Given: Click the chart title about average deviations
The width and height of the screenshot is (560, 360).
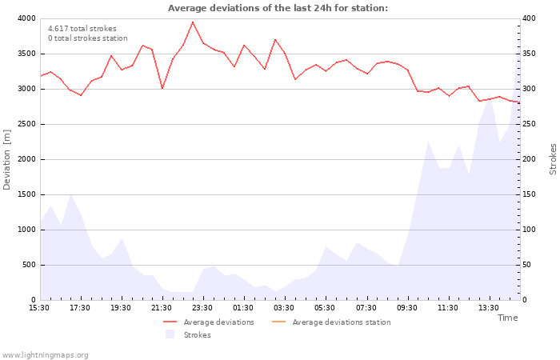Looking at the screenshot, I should coord(278,8).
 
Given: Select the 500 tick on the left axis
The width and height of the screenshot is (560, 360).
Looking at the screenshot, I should coord(29,265).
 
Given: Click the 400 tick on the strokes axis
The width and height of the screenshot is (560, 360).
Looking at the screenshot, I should coord(530,18).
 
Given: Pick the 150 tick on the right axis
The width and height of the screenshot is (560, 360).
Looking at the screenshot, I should coord(530,194).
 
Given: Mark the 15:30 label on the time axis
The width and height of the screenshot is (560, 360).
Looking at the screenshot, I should coord(39,308).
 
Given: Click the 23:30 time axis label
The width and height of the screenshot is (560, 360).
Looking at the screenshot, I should coord(202,308).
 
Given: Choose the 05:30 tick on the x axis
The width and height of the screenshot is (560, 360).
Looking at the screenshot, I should coord(325,308).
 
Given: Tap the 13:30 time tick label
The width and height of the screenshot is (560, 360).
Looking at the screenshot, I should coord(488,308).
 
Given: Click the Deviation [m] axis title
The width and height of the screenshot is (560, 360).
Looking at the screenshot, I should coord(8,159).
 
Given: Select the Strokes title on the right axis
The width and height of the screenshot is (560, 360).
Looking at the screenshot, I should coord(553,159).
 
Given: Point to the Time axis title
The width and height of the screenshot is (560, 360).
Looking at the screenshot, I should coord(507,318).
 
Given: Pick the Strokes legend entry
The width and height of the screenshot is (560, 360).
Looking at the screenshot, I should coord(197,335).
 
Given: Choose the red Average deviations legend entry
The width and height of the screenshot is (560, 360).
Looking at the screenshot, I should coord(218,322).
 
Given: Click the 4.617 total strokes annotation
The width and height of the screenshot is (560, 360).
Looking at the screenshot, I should coord(82,28).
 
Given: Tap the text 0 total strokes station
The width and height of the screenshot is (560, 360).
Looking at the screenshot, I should coord(87,38).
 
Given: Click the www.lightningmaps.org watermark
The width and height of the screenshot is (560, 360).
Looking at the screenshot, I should coord(45,354).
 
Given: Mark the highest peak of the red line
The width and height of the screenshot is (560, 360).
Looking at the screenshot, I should coord(193,22).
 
